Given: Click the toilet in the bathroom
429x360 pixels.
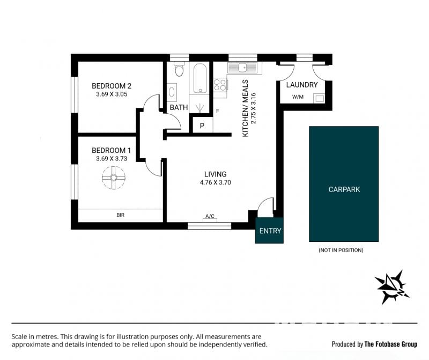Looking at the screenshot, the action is [179, 69].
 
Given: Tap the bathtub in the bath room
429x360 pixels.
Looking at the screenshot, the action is [200, 79].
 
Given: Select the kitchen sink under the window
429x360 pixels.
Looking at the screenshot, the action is [243, 68].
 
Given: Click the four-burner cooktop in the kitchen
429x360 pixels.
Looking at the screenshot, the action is [220, 84].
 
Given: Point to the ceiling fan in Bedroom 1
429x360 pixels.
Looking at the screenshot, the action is [114, 178].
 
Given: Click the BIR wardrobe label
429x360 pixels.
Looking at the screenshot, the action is [120, 215].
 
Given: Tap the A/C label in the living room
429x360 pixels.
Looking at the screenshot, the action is [210, 216].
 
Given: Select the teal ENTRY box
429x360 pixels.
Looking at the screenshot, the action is [269, 230].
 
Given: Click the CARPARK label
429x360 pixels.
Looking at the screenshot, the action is [344, 189].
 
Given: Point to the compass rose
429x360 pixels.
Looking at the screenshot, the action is [392, 288].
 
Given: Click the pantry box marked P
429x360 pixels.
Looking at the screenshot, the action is [203, 125].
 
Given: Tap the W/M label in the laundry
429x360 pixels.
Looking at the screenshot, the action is [298, 97].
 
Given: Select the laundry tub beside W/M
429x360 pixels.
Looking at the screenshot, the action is [319, 98].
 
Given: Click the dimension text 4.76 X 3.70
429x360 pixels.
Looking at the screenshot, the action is [216, 182].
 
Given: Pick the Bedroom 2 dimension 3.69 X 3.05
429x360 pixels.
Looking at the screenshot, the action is [112, 94].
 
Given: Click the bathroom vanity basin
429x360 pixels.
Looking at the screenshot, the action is [172, 92].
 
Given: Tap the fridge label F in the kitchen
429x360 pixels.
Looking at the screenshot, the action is [218, 111].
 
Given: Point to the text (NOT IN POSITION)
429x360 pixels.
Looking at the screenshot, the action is [341, 250].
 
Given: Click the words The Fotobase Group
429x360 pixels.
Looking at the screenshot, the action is [391, 344].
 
